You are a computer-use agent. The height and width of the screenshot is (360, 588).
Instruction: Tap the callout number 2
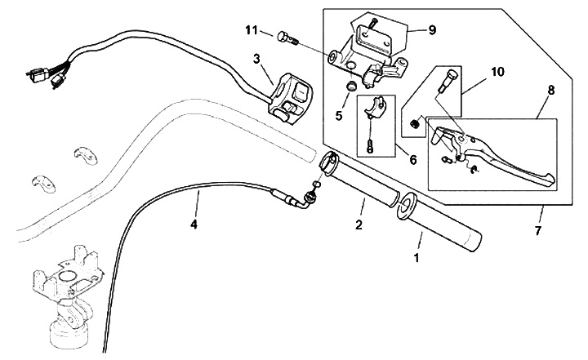[x=358, y=224]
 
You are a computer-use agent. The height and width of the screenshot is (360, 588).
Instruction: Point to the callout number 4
[x=194, y=223]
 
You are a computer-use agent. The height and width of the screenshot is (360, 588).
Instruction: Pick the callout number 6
[x=413, y=160]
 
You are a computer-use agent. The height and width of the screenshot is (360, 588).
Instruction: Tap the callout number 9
[x=432, y=29]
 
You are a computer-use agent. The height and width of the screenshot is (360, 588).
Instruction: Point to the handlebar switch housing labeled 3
[x=293, y=91]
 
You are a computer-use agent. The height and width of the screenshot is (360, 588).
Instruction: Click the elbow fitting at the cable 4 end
[x=308, y=198]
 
